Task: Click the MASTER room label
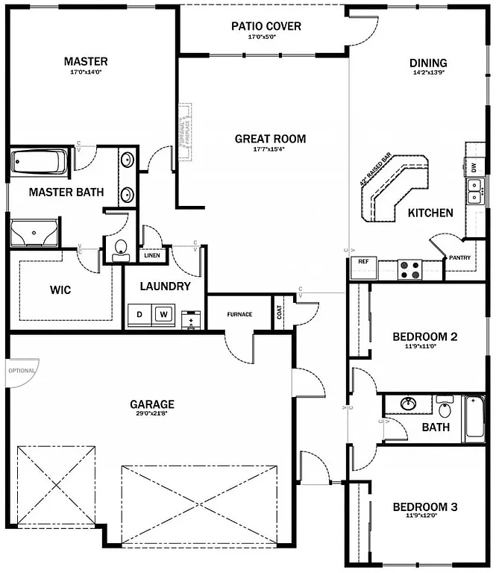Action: click(x=85, y=61)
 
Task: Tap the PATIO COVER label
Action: click(x=266, y=26)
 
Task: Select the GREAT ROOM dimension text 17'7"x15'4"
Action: click(x=270, y=149)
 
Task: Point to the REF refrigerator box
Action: click(x=363, y=263)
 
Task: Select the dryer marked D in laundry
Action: click(x=139, y=315)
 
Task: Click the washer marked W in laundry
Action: click(x=162, y=315)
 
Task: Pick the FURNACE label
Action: click(x=239, y=314)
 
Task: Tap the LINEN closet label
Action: click(x=152, y=255)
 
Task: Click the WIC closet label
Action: click(x=60, y=289)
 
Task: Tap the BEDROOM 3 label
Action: click(x=424, y=507)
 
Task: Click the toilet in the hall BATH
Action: click(x=445, y=408)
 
